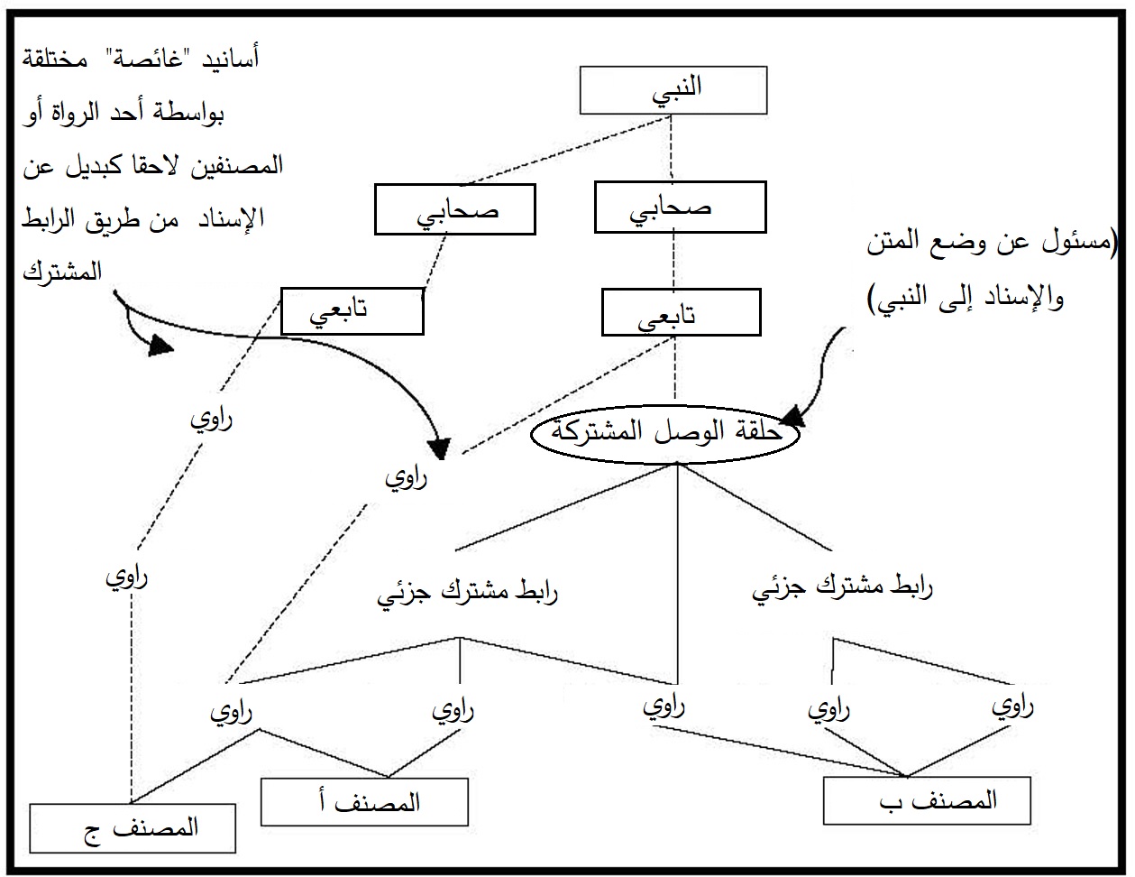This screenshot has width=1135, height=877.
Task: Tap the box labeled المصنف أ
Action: (x=364, y=800)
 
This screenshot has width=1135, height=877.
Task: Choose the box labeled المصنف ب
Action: (x=927, y=799)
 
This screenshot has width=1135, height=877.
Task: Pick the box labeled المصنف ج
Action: (x=133, y=826)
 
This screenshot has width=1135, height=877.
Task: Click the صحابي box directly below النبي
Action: (x=680, y=208)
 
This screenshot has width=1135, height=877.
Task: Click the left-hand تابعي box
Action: (x=352, y=311)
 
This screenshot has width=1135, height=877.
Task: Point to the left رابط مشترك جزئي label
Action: (x=467, y=594)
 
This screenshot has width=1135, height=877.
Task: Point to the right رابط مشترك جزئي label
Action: (x=842, y=589)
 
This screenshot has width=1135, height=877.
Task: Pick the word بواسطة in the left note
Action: (x=230, y=115)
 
